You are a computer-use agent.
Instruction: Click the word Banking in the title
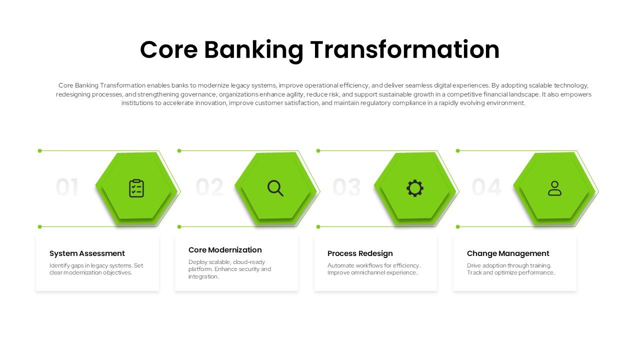253,50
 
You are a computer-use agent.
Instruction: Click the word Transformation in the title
404,50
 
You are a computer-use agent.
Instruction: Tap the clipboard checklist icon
136,188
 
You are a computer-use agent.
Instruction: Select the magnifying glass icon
275,188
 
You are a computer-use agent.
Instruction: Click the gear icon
415,188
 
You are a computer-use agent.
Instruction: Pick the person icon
554,188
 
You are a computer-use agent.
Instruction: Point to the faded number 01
67,188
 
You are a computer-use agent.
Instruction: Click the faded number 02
209,188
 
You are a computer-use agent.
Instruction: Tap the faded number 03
346,188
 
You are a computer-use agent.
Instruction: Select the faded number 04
486,188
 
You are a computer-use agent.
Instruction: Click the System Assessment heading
87,253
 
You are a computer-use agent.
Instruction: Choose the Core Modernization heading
225,250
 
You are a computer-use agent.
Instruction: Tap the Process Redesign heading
360,253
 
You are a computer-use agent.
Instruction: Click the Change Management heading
508,253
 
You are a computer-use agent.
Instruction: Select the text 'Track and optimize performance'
510,273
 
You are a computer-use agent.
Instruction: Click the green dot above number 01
40,150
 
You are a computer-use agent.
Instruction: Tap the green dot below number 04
457,227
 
